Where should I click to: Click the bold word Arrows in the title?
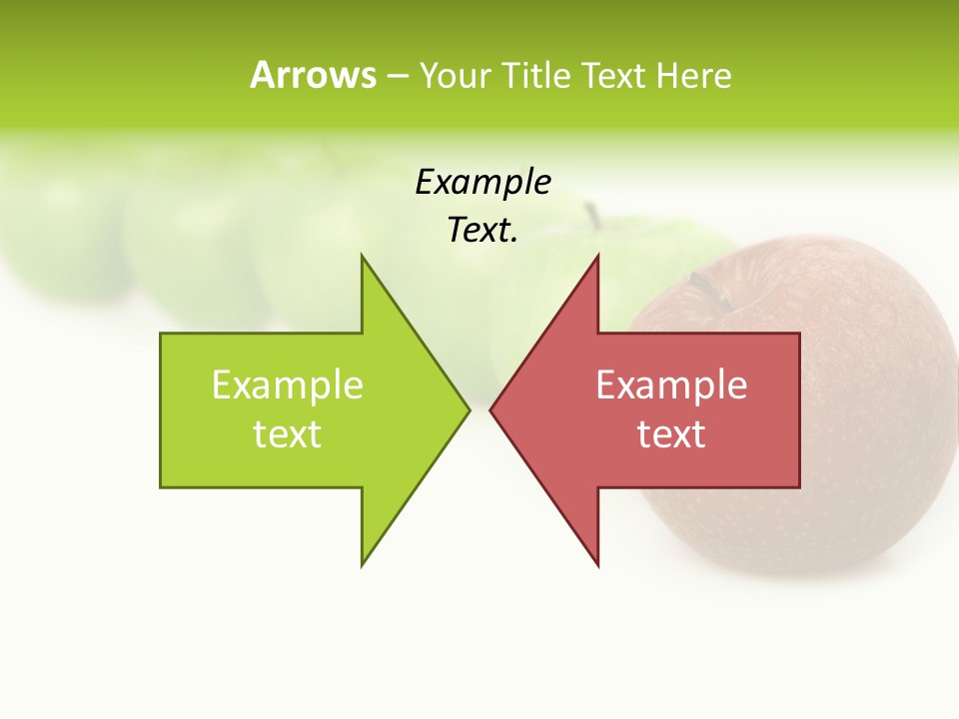[x=313, y=75]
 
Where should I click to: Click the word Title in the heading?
[x=535, y=75]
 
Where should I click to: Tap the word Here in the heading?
[x=693, y=75]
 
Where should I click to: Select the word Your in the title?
[x=456, y=75]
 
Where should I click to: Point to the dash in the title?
[x=397, y=76]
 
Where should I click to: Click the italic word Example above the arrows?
[x=482, y=182]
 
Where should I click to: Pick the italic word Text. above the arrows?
[x=482, y=231]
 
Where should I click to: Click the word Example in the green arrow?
[x=288, y=385]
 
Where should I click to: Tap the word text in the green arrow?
[x=288, y=434]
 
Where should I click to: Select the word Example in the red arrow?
[x=671, y=385]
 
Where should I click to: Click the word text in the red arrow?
[x=671, y=434]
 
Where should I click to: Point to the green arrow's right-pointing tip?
[x=469, y=409]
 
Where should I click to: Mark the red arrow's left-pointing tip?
[x=490, y=409]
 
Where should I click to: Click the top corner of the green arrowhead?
[x=363, y=257]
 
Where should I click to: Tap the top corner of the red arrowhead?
[x=597, y=257]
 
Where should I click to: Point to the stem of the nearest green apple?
[x=592, y=215]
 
